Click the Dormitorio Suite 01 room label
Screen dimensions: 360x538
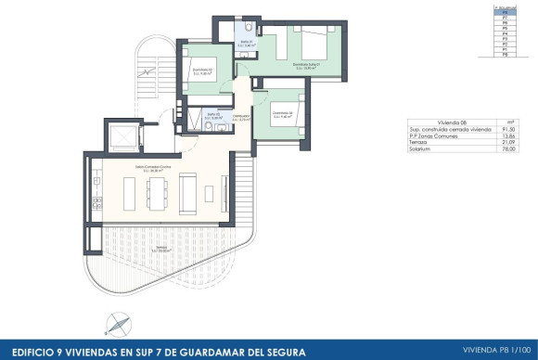point(306,66)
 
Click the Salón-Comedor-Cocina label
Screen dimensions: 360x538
point(153,168)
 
